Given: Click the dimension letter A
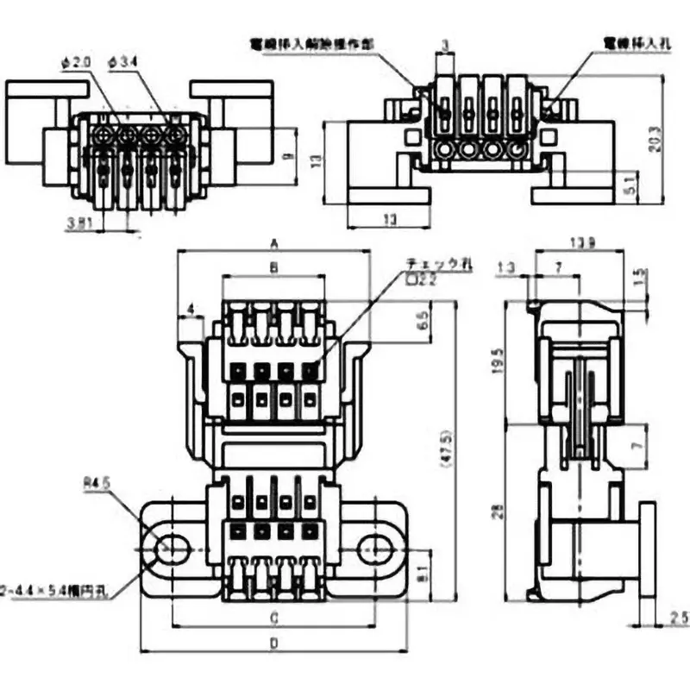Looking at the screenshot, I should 274,242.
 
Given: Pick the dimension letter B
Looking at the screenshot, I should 273,268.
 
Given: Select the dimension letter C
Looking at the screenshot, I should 273,618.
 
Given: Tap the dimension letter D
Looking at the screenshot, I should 273,643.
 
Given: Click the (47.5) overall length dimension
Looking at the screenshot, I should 446,448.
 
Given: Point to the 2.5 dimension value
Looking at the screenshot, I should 678,618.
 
